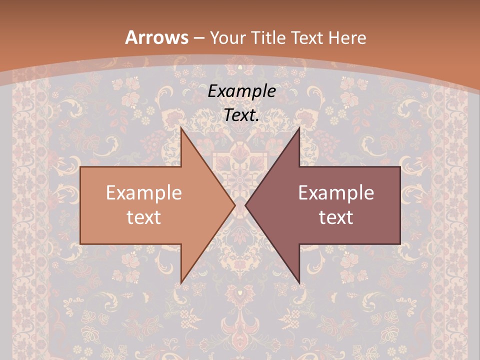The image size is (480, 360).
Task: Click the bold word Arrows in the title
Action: [156, 37]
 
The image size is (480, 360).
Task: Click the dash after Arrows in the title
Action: [198, 38]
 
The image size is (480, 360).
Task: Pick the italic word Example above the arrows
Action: [242, 91]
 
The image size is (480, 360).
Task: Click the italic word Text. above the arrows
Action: [242, 115]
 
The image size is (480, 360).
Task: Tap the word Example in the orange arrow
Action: [144, 193]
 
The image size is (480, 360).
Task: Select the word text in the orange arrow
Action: [144, 217]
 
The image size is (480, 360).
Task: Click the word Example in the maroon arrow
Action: [336, 193]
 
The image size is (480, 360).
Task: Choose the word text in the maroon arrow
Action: [336, 217]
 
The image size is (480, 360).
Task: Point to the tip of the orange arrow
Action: [234, 205]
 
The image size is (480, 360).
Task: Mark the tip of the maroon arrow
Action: [246, 205]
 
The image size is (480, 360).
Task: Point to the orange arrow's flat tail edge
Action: [81, 205]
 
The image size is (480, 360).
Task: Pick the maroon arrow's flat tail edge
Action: [399, 205]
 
